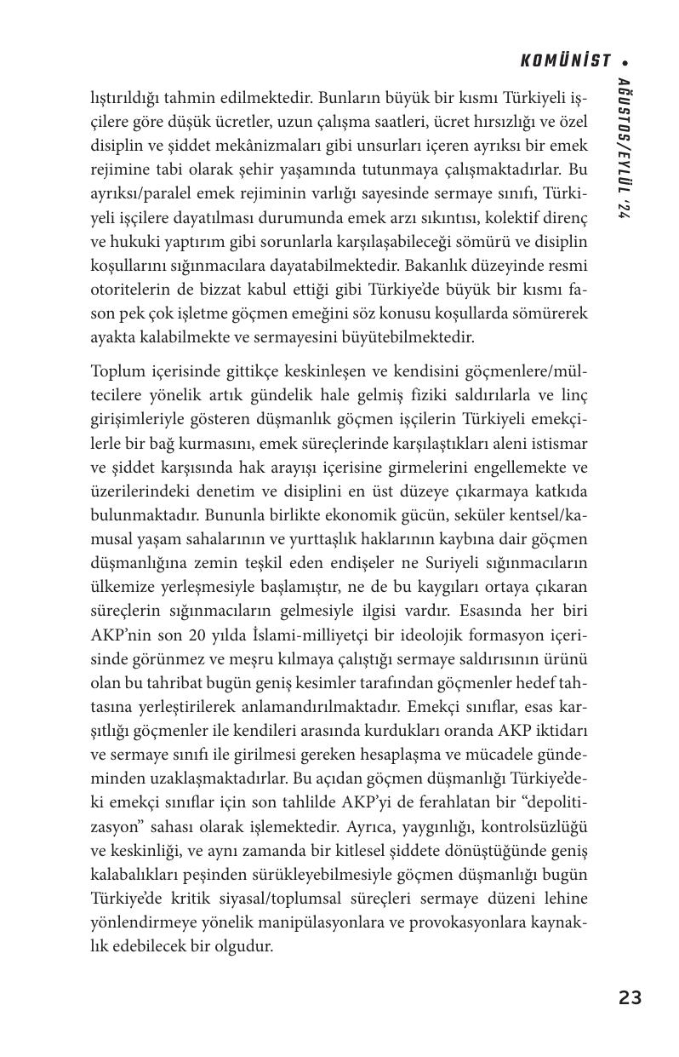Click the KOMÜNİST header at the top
tap(565, 61)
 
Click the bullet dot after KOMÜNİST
tap(626, 62)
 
